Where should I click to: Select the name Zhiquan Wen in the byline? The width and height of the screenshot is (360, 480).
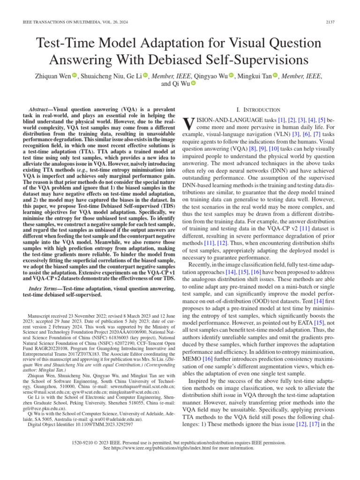coord(48,76)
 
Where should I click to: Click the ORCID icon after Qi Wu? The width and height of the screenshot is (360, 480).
coord(193,84)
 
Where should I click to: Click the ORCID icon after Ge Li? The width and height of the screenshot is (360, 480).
coord(145,76)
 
